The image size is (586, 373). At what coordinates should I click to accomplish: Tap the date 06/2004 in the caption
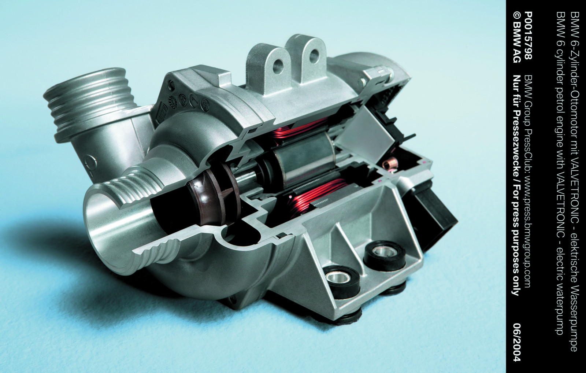coord(513,343)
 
